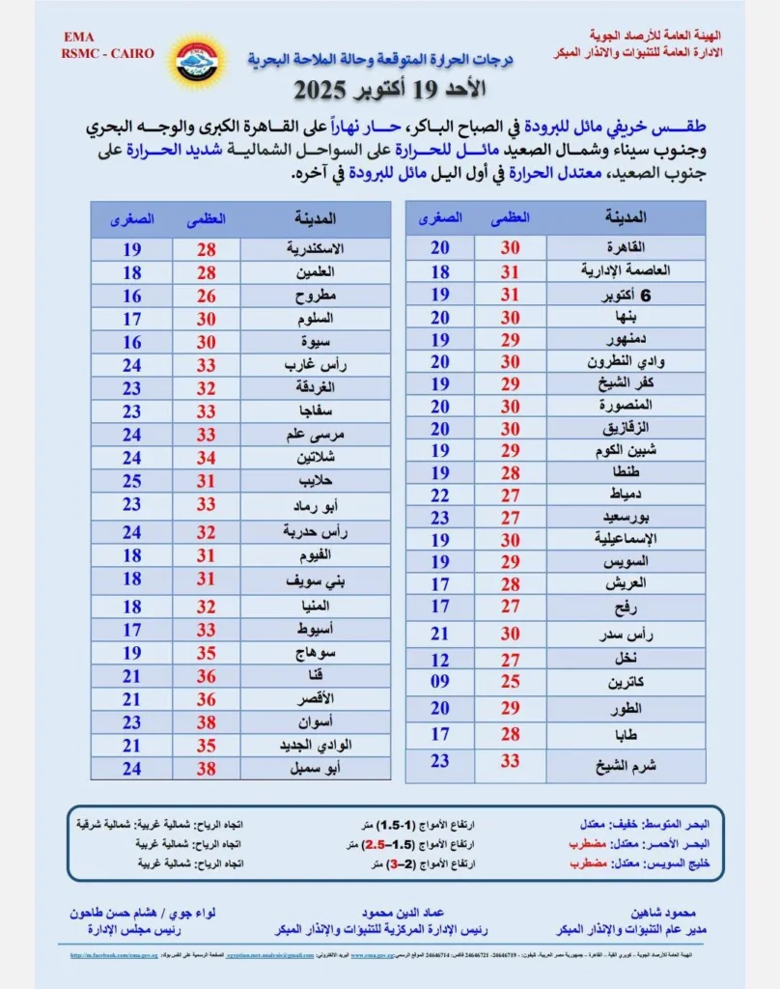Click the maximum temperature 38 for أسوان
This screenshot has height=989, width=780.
[207, 721]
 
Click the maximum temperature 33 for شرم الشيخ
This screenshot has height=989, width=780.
[510, 761]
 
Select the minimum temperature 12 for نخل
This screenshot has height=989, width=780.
[440, 660]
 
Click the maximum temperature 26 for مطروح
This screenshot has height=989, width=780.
[207, 296]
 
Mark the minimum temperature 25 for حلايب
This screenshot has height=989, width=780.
[132, 480]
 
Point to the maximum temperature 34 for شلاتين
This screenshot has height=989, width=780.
[207, 458]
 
